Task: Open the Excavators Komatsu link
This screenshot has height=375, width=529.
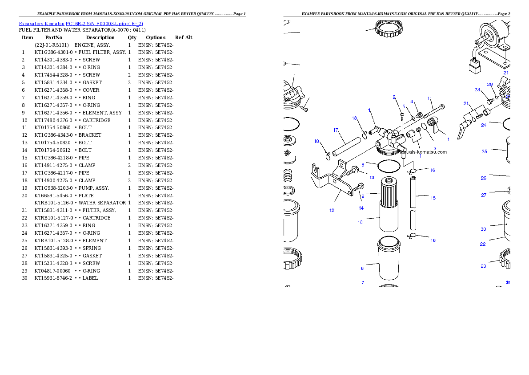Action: tap(41, 24)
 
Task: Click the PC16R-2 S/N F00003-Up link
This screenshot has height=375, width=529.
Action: tap(104, 24)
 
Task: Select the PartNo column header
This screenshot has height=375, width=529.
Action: tap(54, 37)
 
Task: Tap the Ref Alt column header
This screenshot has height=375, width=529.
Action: tap(184, 37)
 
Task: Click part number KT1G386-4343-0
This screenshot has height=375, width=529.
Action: tap(53, 135)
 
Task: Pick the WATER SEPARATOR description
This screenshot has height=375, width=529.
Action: tap(102, 203)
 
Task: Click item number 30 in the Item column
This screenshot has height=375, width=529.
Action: tap(24, 278)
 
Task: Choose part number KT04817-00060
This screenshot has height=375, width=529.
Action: tap(52, 271)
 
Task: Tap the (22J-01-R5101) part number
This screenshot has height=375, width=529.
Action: tap(52, 45)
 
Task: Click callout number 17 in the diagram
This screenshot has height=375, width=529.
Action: tap(335, 130)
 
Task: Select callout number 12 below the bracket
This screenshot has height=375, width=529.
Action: tap(332, 210)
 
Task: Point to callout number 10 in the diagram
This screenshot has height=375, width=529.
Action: tap(360, 223)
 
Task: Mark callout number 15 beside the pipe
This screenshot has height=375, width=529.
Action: tap(433, 198)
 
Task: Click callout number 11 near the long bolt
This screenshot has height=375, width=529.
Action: tap(430, 99)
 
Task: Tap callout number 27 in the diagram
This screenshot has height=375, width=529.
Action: tap(484, 195)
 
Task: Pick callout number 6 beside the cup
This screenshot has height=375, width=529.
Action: tap(362, 269)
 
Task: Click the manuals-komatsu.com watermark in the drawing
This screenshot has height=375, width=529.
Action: tap(422, 152)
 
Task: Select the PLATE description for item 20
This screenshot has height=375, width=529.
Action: tap(86, 196)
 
